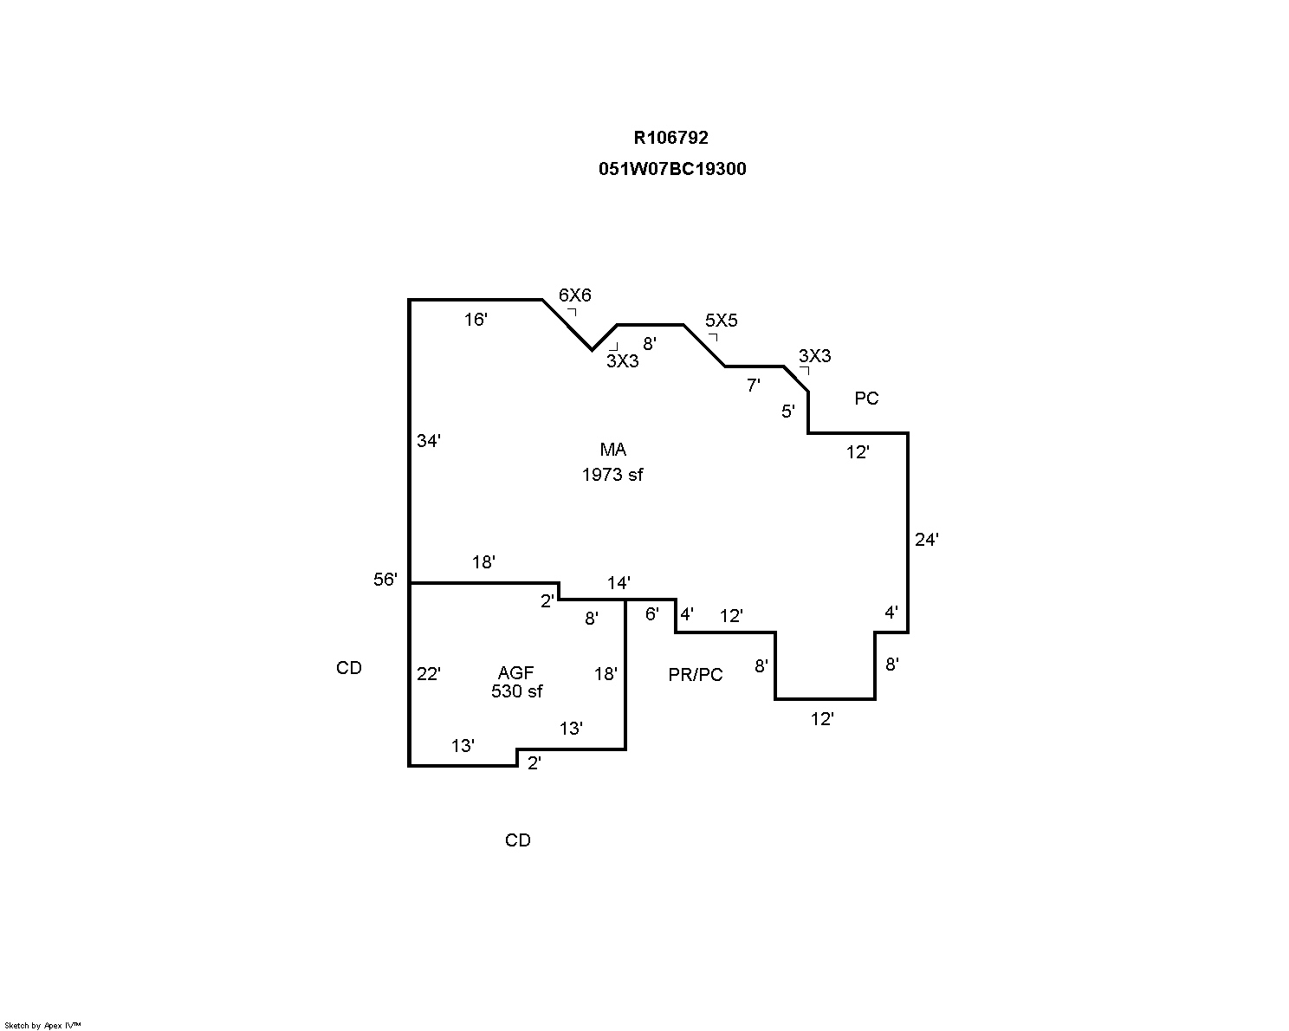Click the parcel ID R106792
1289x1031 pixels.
tap(670, 138)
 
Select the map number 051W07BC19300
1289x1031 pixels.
tap(671, 169)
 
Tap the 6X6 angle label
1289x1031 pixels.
tap(574, 295)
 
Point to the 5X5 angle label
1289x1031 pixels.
tap(721, 321)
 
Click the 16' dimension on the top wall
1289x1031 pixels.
tap(476, 320)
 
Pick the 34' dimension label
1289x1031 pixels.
tap(429, 441)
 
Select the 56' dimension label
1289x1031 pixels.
tap(385, 580)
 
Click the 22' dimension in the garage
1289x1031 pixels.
tap(429, 674)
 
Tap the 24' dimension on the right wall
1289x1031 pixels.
tap(927, 540)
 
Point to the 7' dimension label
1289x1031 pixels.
tap(754, 386)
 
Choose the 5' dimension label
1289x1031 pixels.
tap(788, 412)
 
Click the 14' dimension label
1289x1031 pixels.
tap(619, 583)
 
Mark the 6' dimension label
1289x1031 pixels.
tap(652, 614)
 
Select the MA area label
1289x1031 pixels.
tap(612, 450)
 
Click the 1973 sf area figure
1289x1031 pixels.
tap(612, 475)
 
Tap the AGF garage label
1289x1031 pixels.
tap(516, 673)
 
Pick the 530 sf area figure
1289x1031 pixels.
tap(516, 691)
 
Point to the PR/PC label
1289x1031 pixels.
tap(695, 675)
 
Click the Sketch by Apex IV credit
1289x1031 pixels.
tap(42, 1026)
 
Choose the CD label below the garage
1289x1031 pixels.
tap(517, 840)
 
